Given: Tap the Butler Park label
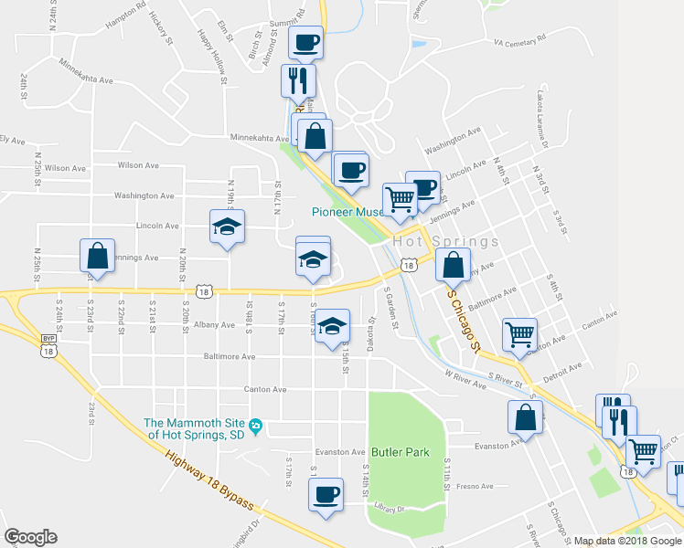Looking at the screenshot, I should [401, 452].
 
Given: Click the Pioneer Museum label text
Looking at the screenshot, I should [347, 212].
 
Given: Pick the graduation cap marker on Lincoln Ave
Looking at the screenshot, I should [227, 227].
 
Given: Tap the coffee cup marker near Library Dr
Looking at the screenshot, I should [326, 495].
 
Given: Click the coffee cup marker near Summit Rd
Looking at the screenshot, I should [306, 42].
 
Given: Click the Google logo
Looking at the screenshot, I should [30, 537].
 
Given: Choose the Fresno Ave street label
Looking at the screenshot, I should [476, 486].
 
